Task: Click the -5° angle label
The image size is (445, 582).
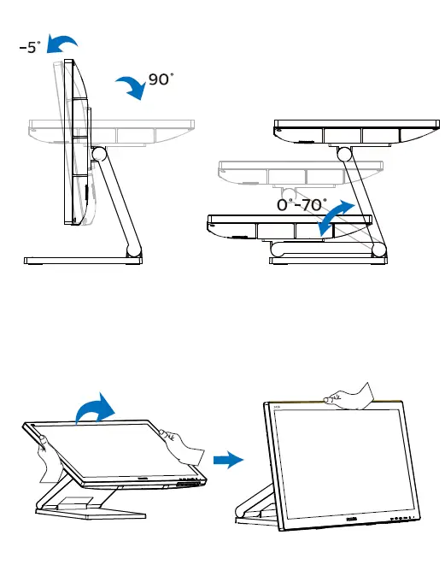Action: [x=28, y=48]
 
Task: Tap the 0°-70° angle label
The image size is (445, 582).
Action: [x=301, y=205]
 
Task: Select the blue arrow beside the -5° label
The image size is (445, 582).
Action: [x=62, y=43]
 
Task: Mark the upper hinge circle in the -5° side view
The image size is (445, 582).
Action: [x=98, y=154]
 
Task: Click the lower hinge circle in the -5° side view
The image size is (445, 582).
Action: [x=132, y=250]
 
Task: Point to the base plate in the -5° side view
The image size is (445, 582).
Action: [x=82, y=260]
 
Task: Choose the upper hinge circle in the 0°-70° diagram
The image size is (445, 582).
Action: [x=346, y=154]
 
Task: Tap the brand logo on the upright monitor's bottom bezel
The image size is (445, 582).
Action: [x=354, y=516]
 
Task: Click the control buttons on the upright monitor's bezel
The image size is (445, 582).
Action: [x=402, y=518]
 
